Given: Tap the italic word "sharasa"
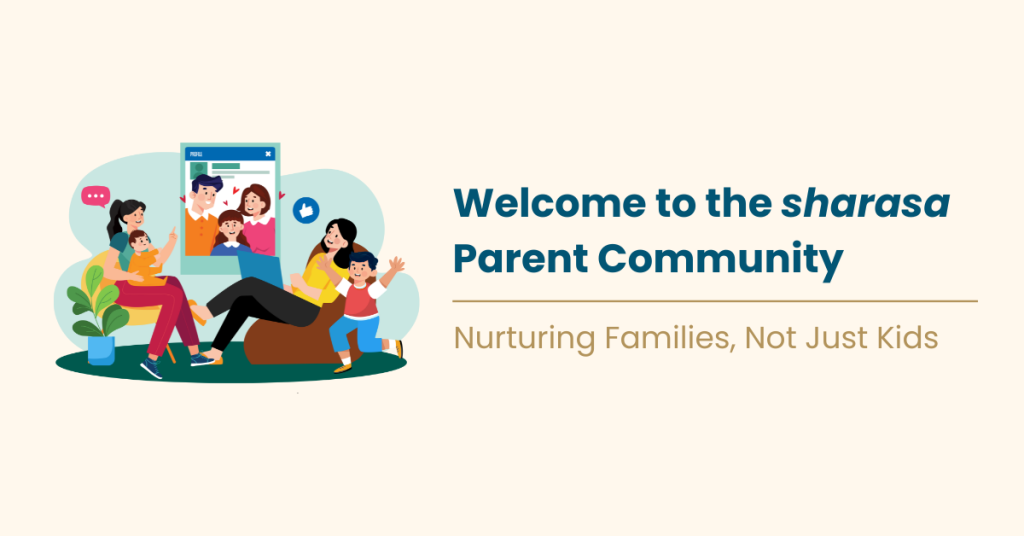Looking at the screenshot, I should (865, 204).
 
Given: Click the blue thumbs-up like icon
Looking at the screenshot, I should (304, 211).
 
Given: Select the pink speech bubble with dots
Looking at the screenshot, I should (95, 197).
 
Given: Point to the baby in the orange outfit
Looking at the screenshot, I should (143, 256).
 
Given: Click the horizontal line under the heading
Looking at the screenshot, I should (714, 300).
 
